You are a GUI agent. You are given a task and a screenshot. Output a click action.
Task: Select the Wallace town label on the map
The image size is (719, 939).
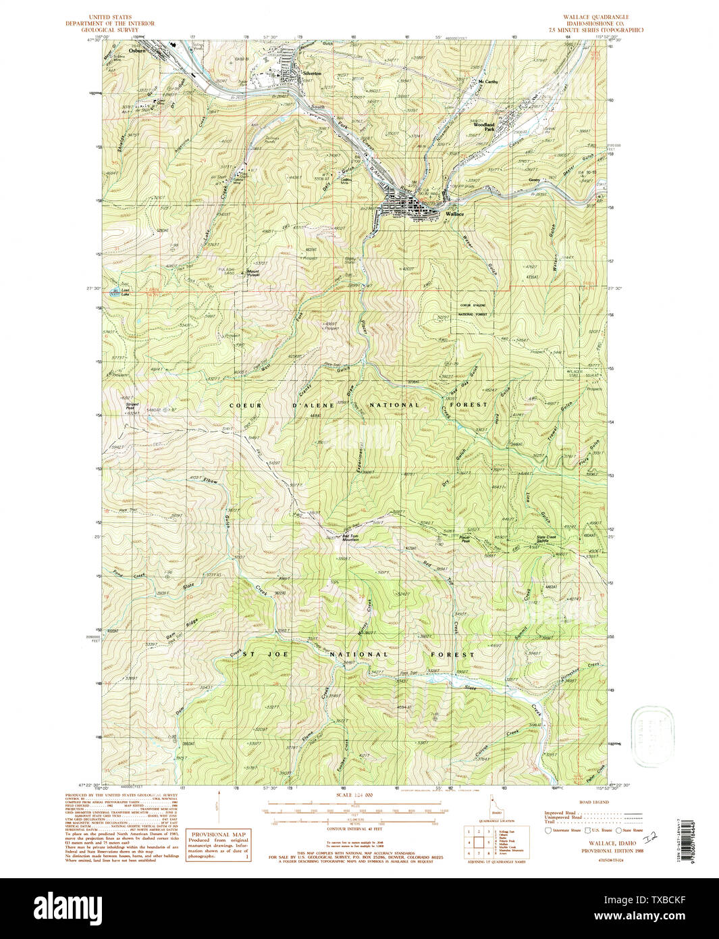[454, 213]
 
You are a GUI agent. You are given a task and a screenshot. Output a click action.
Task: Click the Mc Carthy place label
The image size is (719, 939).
[487, 82]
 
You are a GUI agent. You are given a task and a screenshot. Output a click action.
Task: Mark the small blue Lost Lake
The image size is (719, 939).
[116, 293]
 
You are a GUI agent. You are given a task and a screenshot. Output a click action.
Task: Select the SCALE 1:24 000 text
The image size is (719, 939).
[353, 795]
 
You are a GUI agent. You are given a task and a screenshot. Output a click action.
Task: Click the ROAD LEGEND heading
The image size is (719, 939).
[593, 802]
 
